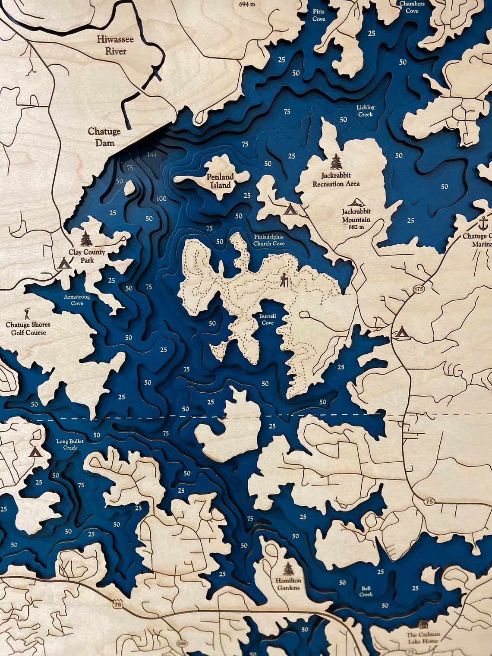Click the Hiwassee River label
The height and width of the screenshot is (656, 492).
pyautogui.click(x=115, y=45)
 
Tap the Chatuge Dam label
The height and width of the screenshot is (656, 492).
pyautogui.click(x=104, y=136)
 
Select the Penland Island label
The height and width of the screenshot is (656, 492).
pyautogui.click(x=220, y=181)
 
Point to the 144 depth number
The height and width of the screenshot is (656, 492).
pyautogui.click(x=152, y=155)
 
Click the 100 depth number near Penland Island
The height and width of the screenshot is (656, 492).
pyautogui.click(x=161, y=199)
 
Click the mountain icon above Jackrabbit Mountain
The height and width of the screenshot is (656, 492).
pyautogui.click(x=356, y=203)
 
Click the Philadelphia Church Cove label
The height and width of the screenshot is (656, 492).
pyautogui.click(x=269, y=240)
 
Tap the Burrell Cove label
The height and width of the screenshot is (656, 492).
pyautogui.click(x=268, y=319)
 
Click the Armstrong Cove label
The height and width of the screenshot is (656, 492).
pyautogui.click(x=73, y=300)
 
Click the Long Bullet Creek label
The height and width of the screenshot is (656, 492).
pyautogui.click(x=70, y=445)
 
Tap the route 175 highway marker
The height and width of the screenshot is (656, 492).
pyautogui.click(x=418, y=289)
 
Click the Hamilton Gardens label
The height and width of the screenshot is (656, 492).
pyautogui.click(x=288, y=584)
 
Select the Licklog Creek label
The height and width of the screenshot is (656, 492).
pyautogui.click(x=365, y=111)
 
